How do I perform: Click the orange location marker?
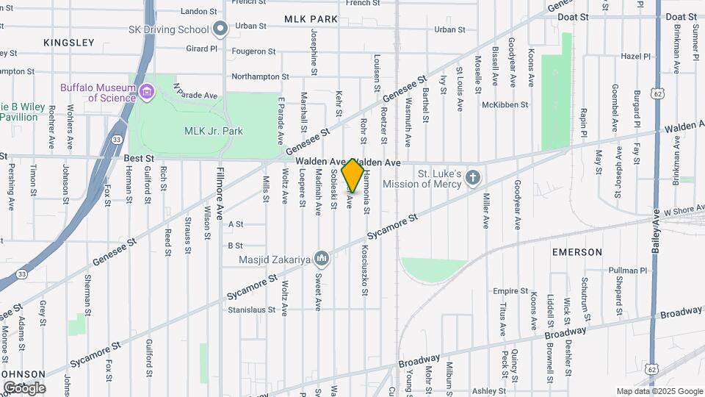click(353, 174)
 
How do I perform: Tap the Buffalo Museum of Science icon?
click(148, 92)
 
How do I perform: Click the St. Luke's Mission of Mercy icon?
click(474, 178)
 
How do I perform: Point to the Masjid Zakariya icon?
click(322, 259)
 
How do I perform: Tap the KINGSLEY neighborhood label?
click(69, 42)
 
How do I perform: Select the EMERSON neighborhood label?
click(577, 252)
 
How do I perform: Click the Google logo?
click(24, 387)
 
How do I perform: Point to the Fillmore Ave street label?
click(220, 195)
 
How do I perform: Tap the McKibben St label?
click(505, 105)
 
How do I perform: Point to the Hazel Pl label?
click(635, 56)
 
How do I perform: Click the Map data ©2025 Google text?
click(659, 391)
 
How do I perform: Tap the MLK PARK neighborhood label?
click(311, 18)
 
